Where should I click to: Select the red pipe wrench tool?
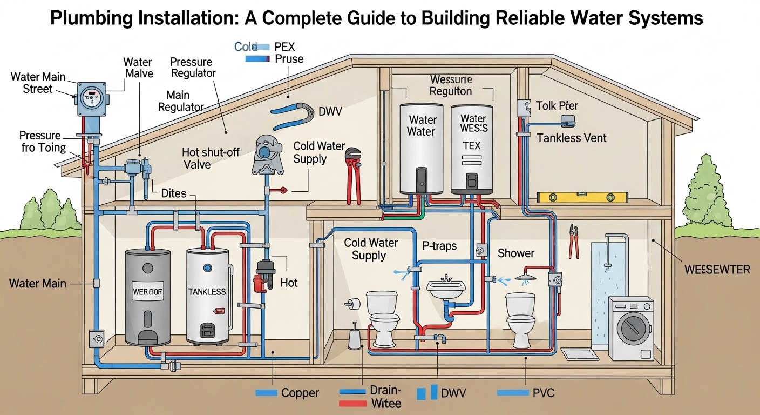pos(353,176)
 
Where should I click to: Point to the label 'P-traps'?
pos(439,246)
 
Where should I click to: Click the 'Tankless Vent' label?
pos(571,138)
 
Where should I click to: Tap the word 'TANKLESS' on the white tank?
pos(207,292)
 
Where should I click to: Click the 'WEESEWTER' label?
pos(717,270)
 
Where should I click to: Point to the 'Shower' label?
pos(515,253)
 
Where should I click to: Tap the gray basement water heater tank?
pos(147,297)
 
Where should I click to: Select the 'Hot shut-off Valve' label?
pos(211,158)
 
